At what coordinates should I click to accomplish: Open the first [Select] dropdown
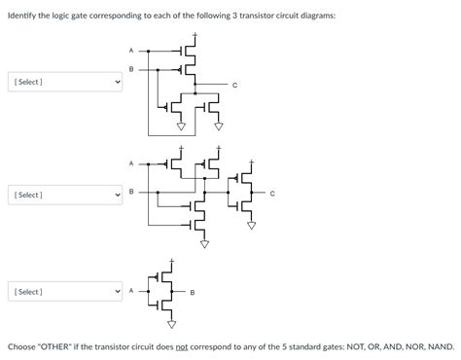(x=66, y=82)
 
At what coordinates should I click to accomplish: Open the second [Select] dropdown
(x=66, y=196)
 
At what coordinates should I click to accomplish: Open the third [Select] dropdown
(x=66, y=291)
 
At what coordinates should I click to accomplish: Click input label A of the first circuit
(x=131, y=50)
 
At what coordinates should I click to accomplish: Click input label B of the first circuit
(x=131, y=69)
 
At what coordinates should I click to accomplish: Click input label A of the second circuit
(x=131, y=162)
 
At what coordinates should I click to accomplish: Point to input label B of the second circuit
(x=131, y=192)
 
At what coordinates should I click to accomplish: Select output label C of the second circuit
(x=272, y=193)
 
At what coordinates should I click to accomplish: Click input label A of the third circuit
(x=131, y=290)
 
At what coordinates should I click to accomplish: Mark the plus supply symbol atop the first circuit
(x=195, y=37)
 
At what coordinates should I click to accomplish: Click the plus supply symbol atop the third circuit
(x=171, y=261)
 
